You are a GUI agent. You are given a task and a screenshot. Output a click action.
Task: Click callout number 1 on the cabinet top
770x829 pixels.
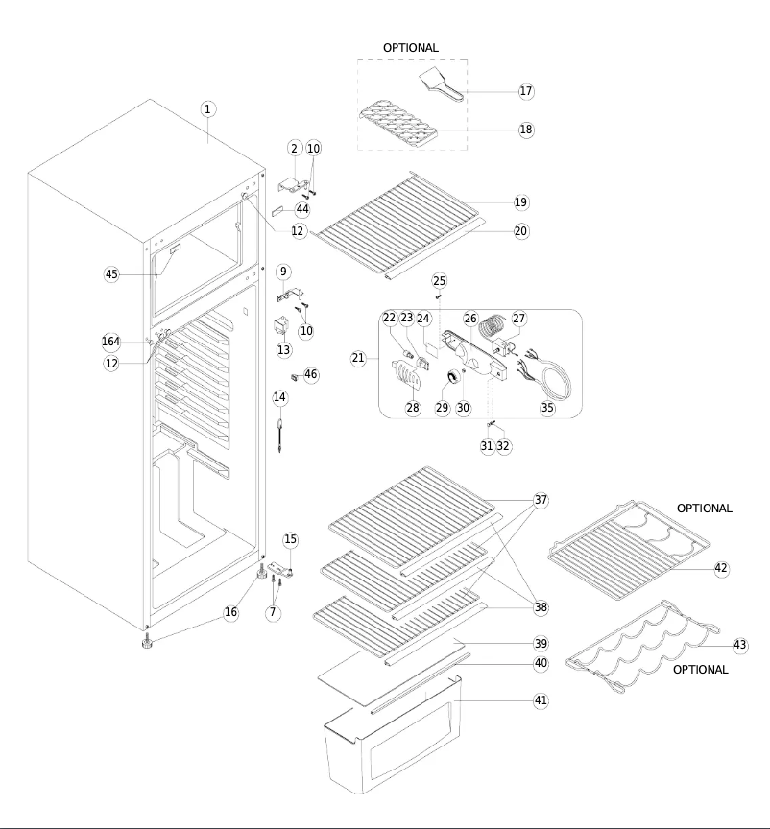tap(208, 108)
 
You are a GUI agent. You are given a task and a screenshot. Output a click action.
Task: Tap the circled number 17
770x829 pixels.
tap(525, 91)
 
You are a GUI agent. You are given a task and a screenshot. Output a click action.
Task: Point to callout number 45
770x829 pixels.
tap(111, 274)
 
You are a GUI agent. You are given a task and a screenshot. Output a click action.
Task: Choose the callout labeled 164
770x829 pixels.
tap(111, 342)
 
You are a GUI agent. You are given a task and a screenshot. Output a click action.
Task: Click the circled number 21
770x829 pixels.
tap(358, 358)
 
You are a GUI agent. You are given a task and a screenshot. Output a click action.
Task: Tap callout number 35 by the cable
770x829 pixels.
tap(547, 407)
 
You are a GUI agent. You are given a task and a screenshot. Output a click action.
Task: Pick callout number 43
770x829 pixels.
tap(739, 645)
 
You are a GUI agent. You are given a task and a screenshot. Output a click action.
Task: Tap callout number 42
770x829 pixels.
tap(721, 568)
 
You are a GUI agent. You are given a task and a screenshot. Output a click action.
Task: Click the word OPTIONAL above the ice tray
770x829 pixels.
tap(411, 47)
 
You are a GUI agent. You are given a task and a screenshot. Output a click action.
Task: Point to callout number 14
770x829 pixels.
tap(279, 397)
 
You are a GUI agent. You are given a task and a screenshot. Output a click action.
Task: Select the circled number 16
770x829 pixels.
tap(230, 612)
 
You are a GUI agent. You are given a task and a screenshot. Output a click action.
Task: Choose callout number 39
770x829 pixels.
tap(541, 643)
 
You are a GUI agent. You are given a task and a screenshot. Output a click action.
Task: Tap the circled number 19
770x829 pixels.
tap(520, 202)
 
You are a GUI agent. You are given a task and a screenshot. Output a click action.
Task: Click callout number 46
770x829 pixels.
tap(311, 374)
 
